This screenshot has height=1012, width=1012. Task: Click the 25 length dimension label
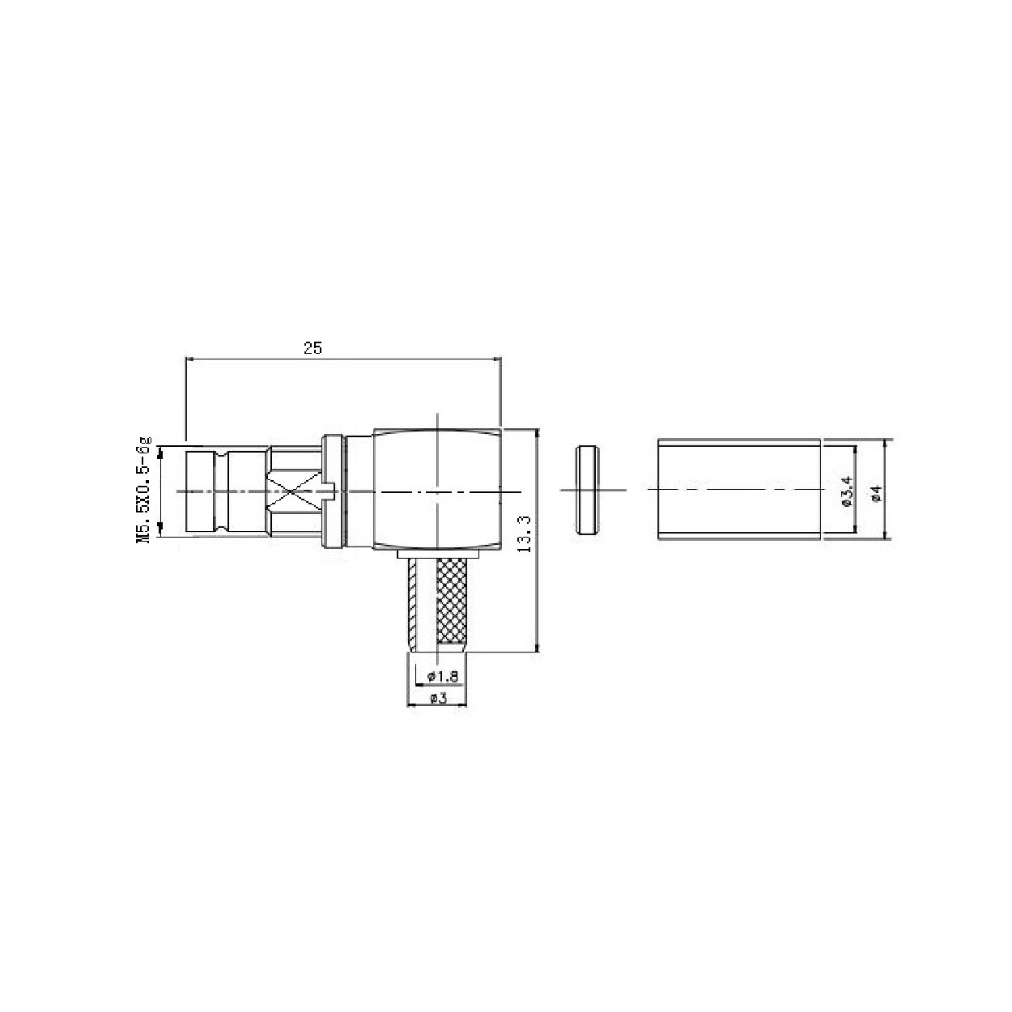pyautogui.click(x=313, y=347)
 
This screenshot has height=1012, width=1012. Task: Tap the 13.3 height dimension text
pyautogui.click(x=524, y=534)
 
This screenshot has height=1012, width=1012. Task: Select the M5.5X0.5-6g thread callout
pyautogui.click(x=143, y=490)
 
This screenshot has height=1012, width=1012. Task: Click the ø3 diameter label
pyautogui.click(x=439, y=698)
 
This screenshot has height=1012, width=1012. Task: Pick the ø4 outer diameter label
pyautogui.click(x=876, y=494)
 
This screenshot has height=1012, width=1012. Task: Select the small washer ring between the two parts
pyautogui.click(x=587, y=491)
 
